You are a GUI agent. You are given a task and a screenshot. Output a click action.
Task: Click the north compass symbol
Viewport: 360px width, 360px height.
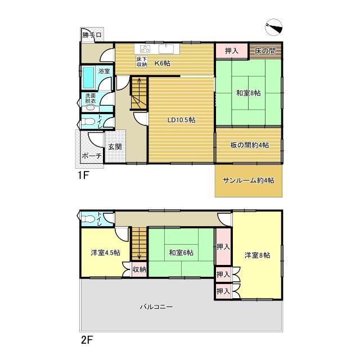[x=273, y=28]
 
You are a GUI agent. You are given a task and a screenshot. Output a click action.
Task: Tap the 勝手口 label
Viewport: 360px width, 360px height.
[x=92, y=35]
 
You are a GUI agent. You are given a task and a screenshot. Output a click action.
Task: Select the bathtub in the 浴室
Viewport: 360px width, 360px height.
[x=88, y=78]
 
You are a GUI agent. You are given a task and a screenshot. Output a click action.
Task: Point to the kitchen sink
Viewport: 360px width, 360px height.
[x=166, y=49]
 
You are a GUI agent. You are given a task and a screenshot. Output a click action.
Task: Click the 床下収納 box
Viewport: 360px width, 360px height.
[x=142, y=62]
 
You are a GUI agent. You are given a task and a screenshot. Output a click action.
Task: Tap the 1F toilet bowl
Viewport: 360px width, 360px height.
[x=87, y=121]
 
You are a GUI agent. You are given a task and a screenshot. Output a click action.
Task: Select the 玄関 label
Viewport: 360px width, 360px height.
[x=115, y=146]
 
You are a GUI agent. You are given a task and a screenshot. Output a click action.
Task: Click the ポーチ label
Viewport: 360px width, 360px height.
[x=92, y=156]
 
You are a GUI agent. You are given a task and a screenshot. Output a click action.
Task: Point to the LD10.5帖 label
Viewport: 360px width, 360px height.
[x=181, y=120]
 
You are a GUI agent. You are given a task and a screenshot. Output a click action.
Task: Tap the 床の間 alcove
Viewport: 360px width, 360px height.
[x=265, y=51]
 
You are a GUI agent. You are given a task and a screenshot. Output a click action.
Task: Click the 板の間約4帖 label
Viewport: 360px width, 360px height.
[x=249, y=145]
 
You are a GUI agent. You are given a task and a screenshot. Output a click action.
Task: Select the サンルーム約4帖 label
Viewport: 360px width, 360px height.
[x=249, y=181]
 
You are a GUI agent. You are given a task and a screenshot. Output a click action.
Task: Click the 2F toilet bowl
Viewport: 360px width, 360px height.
[x=87, y=219]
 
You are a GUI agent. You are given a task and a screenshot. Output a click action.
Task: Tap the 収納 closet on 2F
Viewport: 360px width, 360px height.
[x=139, y=269]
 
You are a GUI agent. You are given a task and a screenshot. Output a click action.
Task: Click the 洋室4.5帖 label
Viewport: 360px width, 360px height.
[x=105, y=253]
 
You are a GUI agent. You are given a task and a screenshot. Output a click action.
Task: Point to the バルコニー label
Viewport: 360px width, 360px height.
[x=156, y=307]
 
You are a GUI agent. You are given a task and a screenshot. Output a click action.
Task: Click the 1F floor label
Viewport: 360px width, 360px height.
[x=83, y=175]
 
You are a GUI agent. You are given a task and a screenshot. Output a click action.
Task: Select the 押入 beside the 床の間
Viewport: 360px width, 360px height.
[x=232, y=51]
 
